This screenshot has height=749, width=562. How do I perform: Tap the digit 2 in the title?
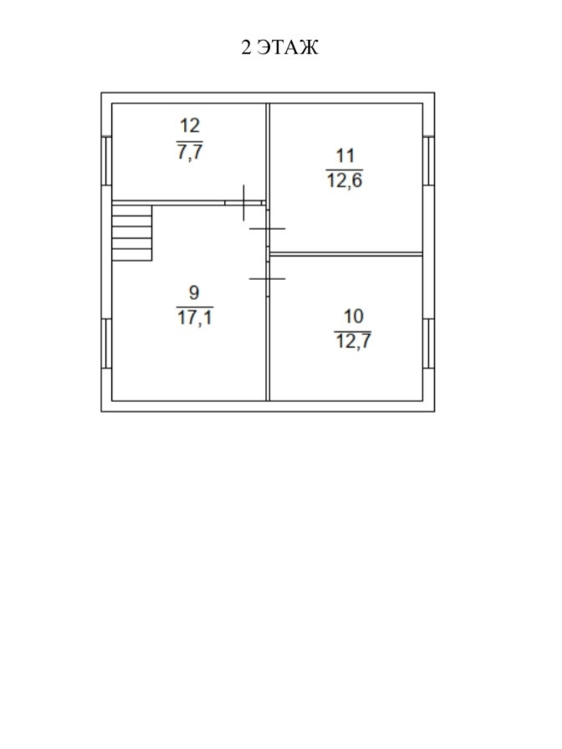coord(246,48)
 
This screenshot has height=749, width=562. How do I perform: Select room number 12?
coord(190,126)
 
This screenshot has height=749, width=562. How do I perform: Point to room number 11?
coord(345,155)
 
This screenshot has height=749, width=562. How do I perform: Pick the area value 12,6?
coord(345,181)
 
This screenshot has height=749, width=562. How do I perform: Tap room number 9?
coord(194,293)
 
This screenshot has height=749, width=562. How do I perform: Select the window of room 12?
coord(106,159)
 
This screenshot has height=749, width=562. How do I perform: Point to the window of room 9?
coord(106,343)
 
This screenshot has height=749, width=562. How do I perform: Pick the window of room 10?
coord(428,343)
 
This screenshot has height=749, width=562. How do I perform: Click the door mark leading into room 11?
coord(268,227)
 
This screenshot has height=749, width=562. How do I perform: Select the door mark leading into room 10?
coord(268,278)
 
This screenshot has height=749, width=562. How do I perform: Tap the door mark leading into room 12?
coord(243,202)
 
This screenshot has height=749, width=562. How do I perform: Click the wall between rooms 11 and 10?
coord(345,253)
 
